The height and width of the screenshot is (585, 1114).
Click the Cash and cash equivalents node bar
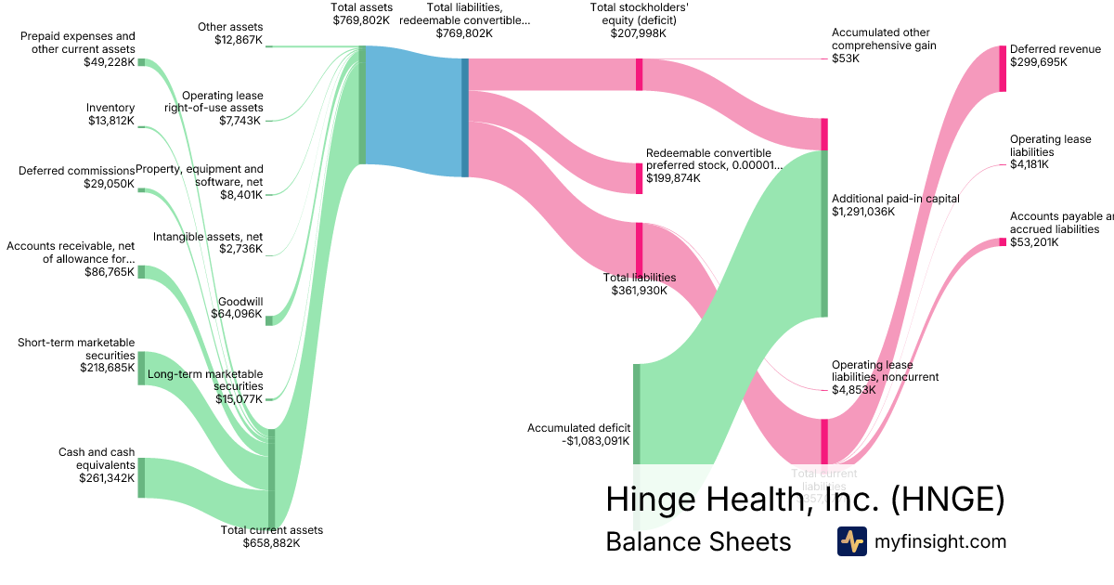[x=141, y=477]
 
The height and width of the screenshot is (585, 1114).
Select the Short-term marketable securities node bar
[x=141, y=368]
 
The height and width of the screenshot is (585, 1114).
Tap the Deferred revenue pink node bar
[x=1003, y=68]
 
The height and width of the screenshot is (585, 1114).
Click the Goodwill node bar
[x=269, y=320]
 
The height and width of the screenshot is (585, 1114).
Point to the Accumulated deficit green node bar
[x=637, y=413]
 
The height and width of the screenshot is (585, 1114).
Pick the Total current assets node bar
[x=271, y=477]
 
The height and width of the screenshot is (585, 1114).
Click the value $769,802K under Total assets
[x=361, y=19]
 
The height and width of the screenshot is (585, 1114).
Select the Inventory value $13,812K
[x=110, y=121]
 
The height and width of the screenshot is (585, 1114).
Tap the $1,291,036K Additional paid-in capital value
[x=862, y=212]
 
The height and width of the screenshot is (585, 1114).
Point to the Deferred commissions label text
[x=76, y=171]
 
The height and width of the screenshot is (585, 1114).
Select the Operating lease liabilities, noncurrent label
[x=885, y=370]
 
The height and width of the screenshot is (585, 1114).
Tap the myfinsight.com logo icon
[x=851, y=541]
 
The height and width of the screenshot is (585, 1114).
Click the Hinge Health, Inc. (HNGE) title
[x=805, y=499]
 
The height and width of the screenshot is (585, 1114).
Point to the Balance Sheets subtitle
[x=697, y=541]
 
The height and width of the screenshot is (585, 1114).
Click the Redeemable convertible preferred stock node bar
[x=639, y=177]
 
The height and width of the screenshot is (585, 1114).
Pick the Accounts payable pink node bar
[x=1003, y=242]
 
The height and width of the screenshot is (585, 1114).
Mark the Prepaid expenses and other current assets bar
[x=141, y=62]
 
